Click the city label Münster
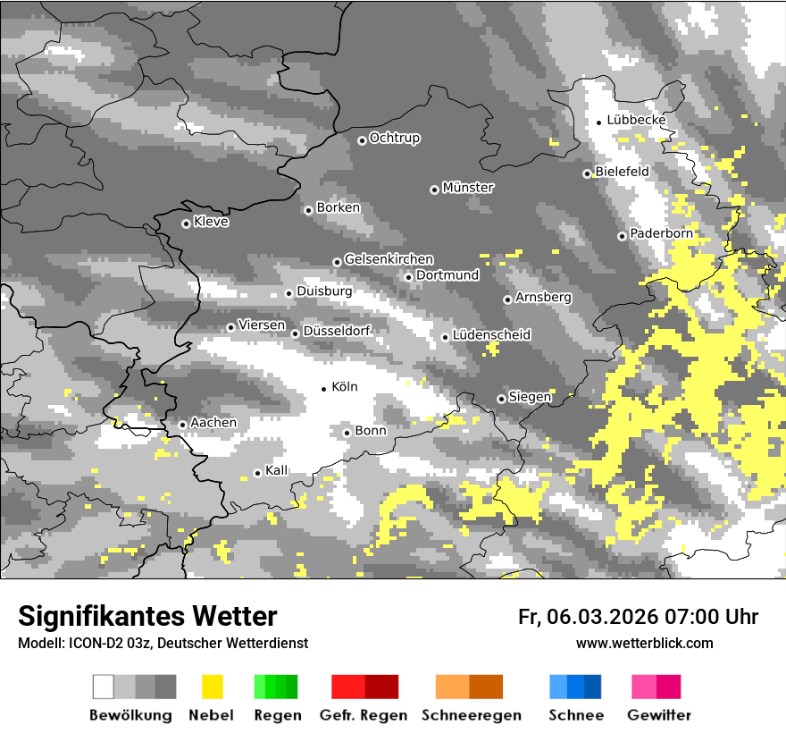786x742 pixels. click(x=468, y=188)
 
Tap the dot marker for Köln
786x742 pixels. click(x=324, y=388)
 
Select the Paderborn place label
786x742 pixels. click(x=662, y=233)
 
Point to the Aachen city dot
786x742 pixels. click(x=182, y=425)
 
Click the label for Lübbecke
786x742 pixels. click(x=637, y=120)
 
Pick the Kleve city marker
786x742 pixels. click(x=186, y=223)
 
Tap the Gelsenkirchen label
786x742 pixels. click(x=389, y=259)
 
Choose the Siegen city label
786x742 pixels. click(x=530, y=396)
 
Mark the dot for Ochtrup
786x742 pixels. click(x=362, y=139)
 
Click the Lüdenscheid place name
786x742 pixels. click(x=492, y=334)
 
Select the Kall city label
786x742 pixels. click(x=277, y=470)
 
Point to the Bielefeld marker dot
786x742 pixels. click(x=587, y=173)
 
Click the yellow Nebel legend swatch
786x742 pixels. click(x=213, y=687)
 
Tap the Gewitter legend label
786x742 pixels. click(x=659, y=715)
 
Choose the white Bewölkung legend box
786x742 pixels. click(x=104, y=687)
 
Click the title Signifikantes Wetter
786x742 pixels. click(x=147, y=617)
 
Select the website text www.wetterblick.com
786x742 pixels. click(x=645, y=643)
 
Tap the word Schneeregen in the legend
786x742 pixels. click(x=472, y=715)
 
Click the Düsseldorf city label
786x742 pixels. click(x=337, y=331)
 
